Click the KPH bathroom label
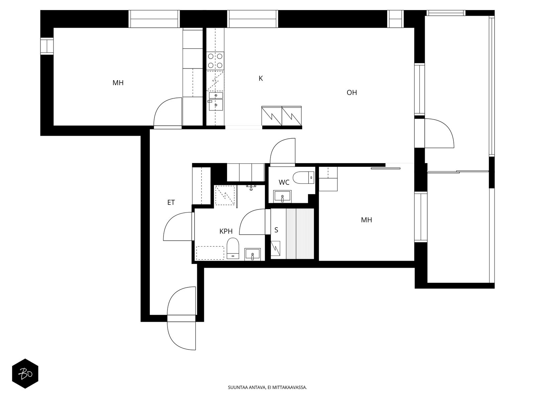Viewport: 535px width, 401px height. click(226, 231)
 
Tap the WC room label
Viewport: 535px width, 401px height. click(284, 182)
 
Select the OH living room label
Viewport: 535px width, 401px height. click(351, 93)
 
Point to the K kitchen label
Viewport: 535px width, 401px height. click(260, 79)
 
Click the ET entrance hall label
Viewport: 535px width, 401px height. click(171, 202)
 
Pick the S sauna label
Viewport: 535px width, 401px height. click(276, 230)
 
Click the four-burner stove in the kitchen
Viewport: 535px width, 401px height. click(215, 61)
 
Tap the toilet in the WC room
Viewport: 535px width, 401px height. click(304, 178)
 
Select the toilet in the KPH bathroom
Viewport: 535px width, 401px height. click(233, 248)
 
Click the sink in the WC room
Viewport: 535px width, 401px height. click(282, 196)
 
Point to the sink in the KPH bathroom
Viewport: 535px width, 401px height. click(252, 254)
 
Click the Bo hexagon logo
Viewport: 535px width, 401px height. click(25, 374)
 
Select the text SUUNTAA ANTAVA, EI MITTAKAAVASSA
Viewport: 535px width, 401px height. click(267, 387)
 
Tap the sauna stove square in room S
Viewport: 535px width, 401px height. click(276, 248)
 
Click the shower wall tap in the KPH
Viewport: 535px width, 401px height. click(251, 187)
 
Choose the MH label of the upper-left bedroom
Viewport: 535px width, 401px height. click(118, 83)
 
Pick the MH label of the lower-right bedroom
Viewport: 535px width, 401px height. click(366, 220)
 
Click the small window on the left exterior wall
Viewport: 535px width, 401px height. click(47, 46)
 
